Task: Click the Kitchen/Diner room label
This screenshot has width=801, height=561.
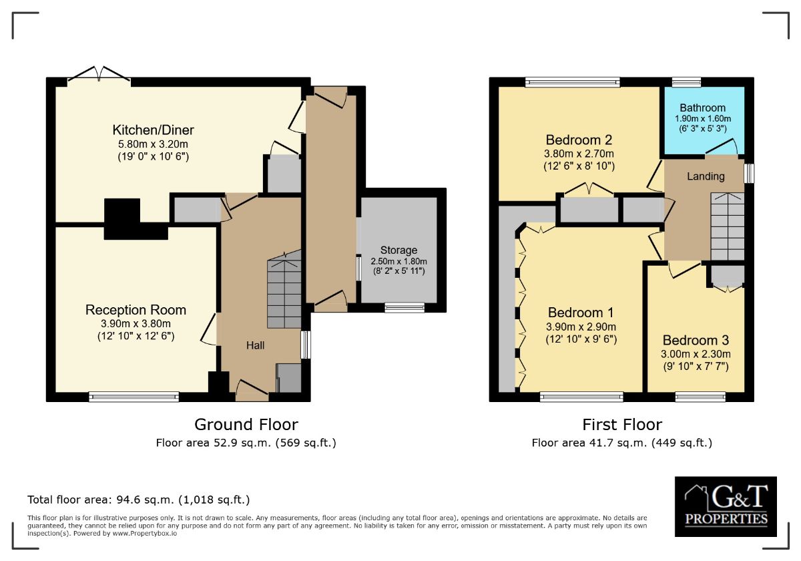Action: pos(153,130)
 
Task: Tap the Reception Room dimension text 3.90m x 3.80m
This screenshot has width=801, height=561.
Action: pos(136,324)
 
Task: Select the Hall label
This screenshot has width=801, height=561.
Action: pos(255,345)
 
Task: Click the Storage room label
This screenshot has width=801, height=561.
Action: pos(398,250)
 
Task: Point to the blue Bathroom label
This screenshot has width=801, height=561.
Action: pos(703,108)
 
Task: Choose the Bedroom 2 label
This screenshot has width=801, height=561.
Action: pos(579,140)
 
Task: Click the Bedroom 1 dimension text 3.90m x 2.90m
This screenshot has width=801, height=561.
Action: pos(581,327)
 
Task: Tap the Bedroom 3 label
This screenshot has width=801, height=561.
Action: pos(696,340)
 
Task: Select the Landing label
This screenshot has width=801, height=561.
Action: pos(706,176)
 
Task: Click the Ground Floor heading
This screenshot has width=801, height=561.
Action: pos(246,425)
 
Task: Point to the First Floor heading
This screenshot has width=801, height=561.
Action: pos(622,425)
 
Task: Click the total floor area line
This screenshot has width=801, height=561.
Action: pos(139,500)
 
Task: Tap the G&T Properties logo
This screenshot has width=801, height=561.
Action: pos(726,506)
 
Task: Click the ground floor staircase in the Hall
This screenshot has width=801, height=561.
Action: pos(284,289)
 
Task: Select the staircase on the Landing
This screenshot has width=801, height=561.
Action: pos(728,226)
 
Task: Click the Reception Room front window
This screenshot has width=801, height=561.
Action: pos(133,397)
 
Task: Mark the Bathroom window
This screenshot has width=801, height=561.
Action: pos(686,82)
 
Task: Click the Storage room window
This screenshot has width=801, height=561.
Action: pos(405,307)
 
